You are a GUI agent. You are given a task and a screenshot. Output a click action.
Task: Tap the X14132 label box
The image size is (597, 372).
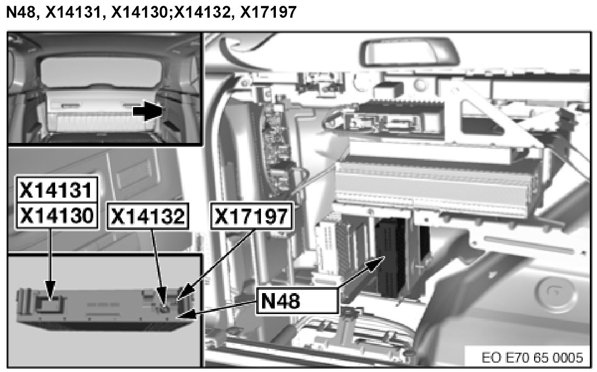click(148, 216)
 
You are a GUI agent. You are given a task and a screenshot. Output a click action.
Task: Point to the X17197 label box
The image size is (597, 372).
click(252, 216)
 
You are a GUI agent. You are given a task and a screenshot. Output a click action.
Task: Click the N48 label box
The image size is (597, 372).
click(297, 301)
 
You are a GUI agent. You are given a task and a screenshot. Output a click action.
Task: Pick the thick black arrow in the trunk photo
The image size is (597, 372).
click(148, 111)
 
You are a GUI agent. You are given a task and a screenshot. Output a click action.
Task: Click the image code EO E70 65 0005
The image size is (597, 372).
click(532, 358)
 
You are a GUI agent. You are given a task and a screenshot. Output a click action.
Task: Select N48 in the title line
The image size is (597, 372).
click(22, 12)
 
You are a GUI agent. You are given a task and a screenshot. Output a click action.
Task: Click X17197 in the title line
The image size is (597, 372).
click(268, 12)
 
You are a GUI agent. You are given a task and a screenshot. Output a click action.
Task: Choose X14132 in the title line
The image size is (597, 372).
click(202, 12)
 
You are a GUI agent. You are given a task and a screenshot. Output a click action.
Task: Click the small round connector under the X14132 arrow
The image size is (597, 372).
click(164, 309)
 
